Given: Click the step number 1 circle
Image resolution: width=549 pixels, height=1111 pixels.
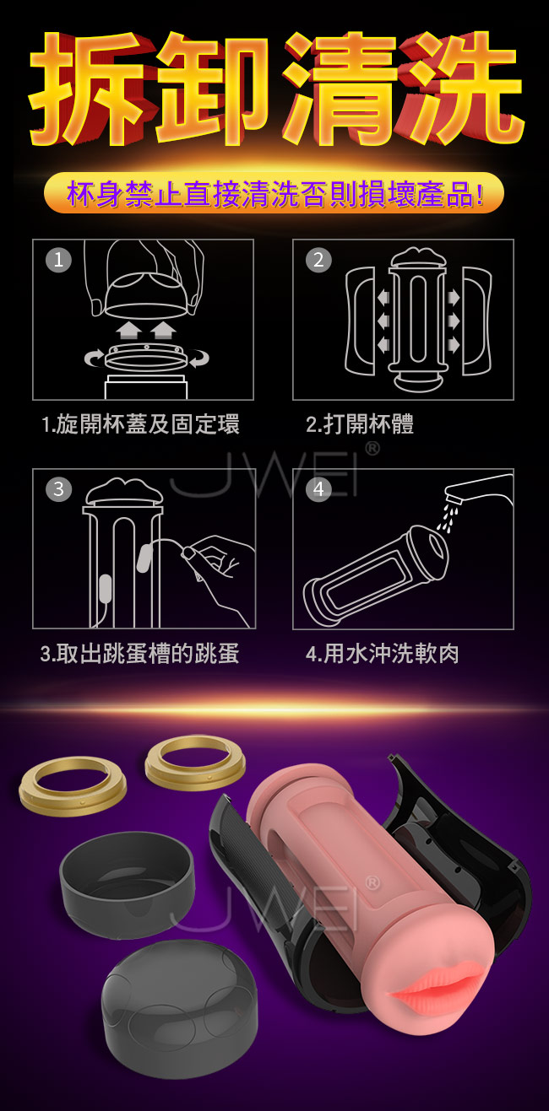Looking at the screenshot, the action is [58, 259].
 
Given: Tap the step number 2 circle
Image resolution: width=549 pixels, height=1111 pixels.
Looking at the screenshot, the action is [318, 259].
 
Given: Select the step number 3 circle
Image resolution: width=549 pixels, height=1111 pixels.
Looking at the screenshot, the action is [58, 489].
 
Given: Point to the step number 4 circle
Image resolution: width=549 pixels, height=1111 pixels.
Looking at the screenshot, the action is [318, 489].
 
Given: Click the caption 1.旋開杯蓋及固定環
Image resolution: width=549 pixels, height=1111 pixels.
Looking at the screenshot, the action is [140, 424].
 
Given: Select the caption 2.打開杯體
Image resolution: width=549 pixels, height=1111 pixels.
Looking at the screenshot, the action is [360, 424].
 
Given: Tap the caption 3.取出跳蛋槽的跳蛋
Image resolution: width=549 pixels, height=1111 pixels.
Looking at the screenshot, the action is [140, 654].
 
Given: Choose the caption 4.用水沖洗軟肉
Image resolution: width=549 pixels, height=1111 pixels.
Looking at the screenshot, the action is [383, 654].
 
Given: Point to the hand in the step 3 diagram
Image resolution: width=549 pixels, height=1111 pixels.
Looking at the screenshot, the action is [219, 570].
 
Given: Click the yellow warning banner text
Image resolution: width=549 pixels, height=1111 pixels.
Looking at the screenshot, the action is [274, 193].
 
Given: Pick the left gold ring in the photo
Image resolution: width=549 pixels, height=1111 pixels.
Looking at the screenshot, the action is [73, 785].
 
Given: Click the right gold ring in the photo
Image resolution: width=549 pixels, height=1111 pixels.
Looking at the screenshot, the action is [195, 763].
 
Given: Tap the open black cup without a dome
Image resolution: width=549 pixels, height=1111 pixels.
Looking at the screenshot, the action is [126, 884].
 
